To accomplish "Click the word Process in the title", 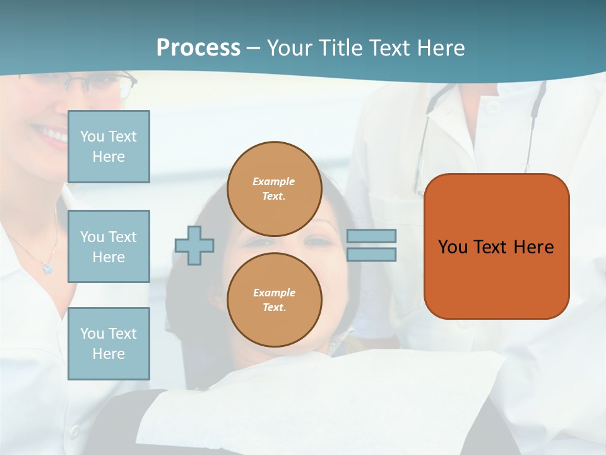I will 198,48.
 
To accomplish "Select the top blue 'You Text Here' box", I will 109,147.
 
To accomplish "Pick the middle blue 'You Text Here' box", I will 109,246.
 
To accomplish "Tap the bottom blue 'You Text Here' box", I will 109,344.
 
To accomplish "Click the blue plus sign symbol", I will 194,245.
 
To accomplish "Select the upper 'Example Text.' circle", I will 274,189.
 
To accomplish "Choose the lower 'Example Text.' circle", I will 274,300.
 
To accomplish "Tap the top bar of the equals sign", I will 372,236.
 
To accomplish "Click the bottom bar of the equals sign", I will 372,254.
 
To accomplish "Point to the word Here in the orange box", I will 533,247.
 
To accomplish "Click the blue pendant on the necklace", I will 47,269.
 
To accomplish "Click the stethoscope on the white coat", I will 537,107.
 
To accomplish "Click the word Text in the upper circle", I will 274,196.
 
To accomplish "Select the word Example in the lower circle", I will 274,293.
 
